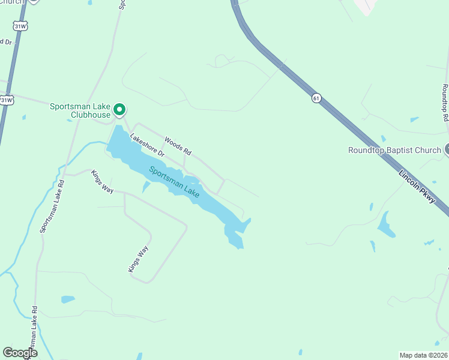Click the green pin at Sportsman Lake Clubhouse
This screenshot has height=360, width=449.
point(119,109)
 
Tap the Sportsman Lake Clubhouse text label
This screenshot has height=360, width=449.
point(80,110)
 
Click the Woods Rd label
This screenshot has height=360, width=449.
point(178,144)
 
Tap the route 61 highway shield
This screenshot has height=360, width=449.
point(316,97)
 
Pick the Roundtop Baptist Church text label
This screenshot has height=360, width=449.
point(394,150)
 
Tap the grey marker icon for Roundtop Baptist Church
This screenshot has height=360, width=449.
point(447,150)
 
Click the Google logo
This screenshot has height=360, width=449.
point(20,352)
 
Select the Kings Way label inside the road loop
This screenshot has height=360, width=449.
point(138,259)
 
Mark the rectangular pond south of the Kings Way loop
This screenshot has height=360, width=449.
point(68,299)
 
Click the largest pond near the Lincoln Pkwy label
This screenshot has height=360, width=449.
point(386,224)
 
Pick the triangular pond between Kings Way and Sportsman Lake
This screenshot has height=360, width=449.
point(146,187)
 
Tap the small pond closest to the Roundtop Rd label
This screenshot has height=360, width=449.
point(414,119)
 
